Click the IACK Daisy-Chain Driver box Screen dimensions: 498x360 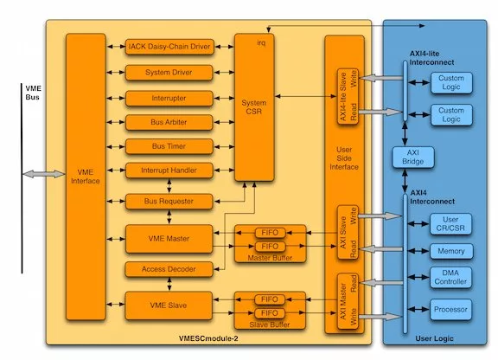(x=169, y=47)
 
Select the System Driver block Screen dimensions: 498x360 (x=169, y=73)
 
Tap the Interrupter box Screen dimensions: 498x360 (x=169, y=99)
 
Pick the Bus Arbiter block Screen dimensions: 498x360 (x=169, y=122)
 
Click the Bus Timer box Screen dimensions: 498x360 (x=169, y=146)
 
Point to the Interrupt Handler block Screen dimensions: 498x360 (x=169, y=170)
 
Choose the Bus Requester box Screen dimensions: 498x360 (x=169, y=202)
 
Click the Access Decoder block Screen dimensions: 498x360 (x=169, y=269)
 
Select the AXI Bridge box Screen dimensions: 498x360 (x=413, y=157)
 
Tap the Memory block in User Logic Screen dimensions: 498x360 (x=451, y=251)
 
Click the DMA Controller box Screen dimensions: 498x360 (x=450, y=277)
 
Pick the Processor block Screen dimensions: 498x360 (x=450, y=310)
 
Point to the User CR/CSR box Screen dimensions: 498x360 (x=450, y=224)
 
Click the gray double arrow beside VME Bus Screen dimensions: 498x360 (x=44, y=174)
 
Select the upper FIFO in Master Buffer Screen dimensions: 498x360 (x=270, y=233)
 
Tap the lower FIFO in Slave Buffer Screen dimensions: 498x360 (x=270, y=313)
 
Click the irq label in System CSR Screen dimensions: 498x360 (x=261, y=43)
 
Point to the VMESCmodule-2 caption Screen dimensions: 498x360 (x=208, y=338)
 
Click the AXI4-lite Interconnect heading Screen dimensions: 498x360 (x=431, y=58)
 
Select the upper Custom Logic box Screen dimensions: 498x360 (x=451, y=83)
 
